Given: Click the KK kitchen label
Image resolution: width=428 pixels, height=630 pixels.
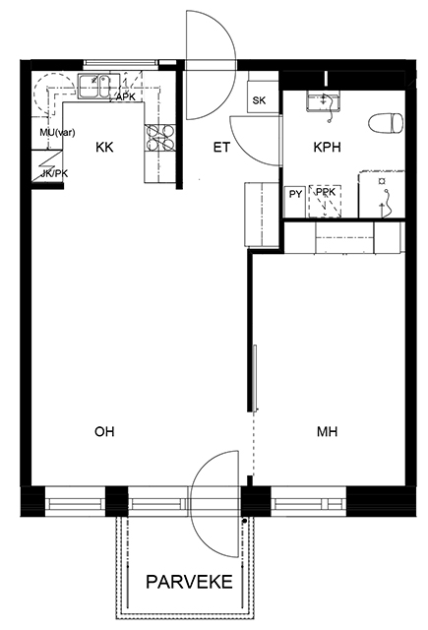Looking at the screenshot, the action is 104,148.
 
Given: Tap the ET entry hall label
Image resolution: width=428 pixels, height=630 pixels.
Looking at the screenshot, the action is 221,148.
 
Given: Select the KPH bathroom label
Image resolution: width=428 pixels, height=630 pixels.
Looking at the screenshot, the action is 327,148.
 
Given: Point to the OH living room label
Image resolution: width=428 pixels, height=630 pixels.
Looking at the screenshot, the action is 104,431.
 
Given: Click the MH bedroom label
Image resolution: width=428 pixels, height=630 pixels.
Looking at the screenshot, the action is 328,431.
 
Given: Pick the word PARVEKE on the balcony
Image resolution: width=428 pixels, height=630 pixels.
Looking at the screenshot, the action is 189,582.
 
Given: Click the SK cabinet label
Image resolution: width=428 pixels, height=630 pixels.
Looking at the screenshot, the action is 259,100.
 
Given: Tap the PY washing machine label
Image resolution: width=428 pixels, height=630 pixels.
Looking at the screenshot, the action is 295,195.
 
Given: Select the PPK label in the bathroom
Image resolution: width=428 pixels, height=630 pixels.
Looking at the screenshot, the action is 326,192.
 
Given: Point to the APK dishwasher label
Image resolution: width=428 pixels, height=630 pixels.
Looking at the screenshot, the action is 126,97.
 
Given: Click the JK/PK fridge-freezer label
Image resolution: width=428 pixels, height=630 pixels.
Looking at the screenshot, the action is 54,174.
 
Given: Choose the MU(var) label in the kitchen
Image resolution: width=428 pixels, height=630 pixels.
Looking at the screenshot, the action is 57,133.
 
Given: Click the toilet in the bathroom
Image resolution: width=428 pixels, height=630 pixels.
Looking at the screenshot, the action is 386,123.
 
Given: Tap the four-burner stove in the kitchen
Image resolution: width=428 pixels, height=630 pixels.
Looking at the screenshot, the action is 159,138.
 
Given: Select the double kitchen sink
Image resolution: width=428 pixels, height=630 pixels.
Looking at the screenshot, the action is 99,86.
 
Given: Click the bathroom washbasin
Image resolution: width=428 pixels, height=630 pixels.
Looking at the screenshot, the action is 324,100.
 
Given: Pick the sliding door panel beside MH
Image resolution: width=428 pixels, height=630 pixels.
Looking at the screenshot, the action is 255,378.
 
